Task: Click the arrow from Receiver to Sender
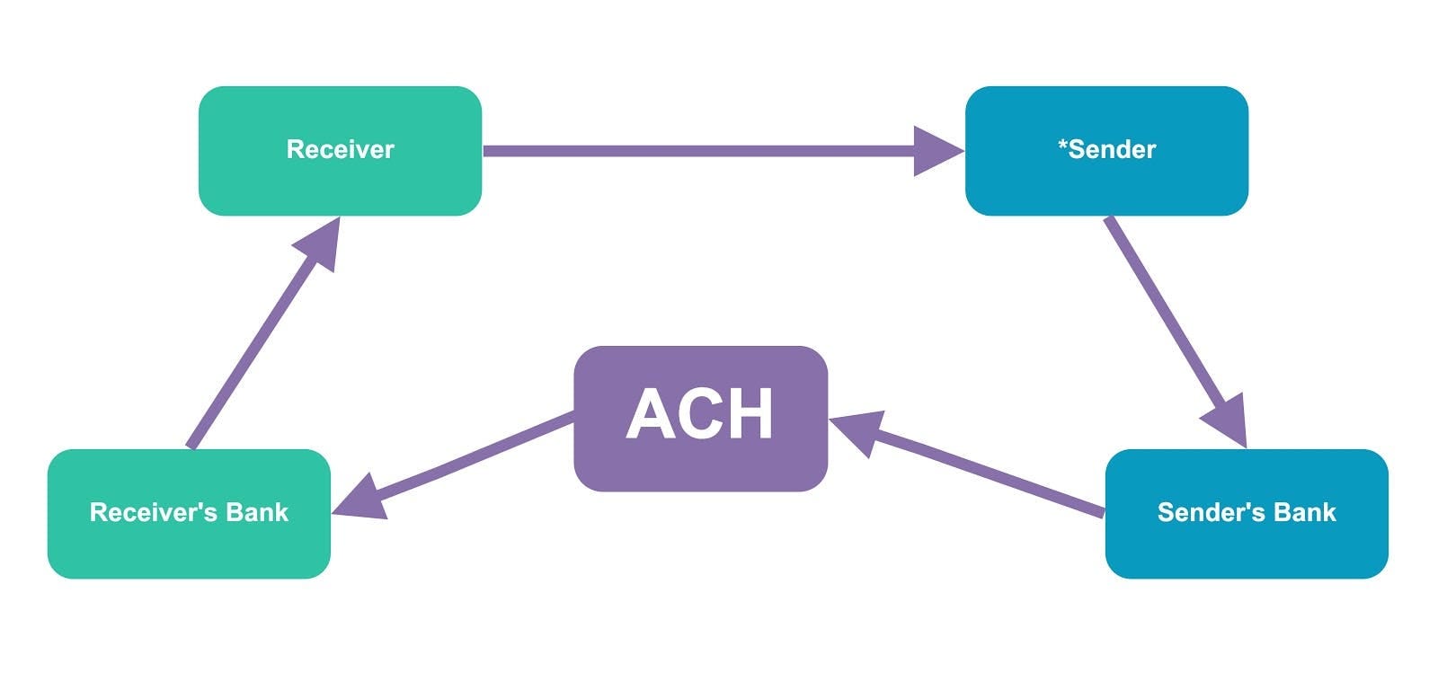[701, 151]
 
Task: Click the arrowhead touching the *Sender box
[939, 151]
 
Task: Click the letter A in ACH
[649, 414]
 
